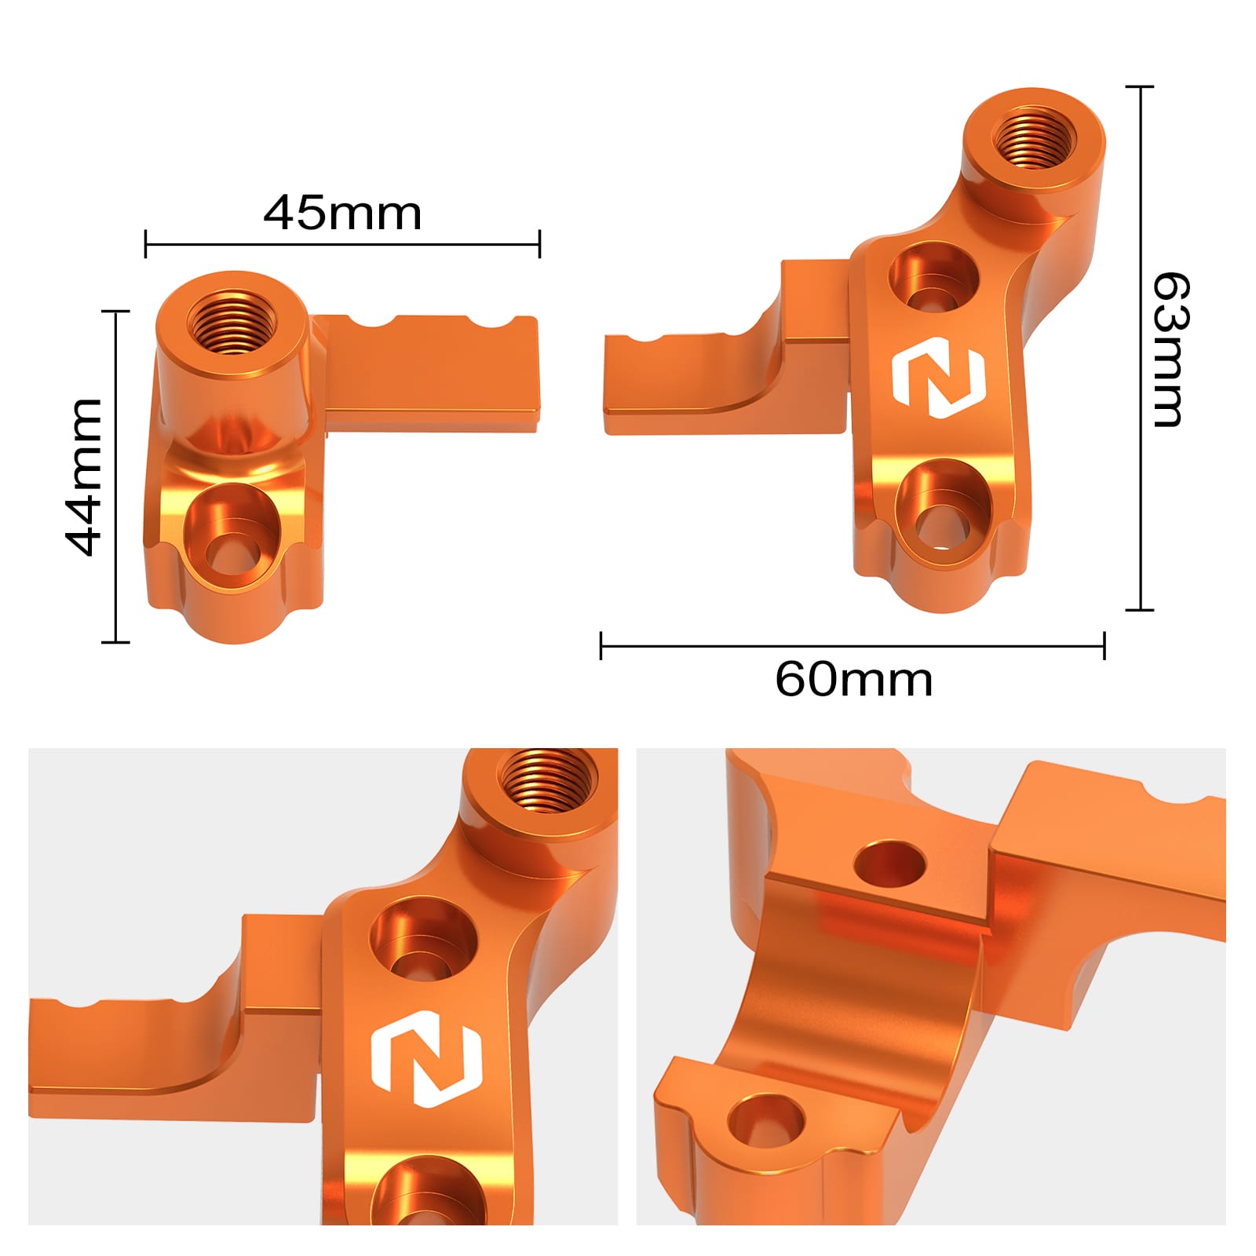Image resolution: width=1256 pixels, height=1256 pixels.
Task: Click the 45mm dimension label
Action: [342, 213]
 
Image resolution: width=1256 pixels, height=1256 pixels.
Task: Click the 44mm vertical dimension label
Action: [83, 477]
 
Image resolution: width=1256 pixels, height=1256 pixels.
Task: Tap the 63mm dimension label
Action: [1170, 349]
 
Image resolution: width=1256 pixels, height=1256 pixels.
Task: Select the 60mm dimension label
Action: [853, 679]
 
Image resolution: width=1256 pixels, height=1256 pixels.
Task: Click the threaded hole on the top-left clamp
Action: [232, 322]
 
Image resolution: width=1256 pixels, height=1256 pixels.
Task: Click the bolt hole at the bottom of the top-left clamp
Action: [232, 542]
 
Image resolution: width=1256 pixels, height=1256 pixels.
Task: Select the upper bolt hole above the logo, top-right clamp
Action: [934, 279]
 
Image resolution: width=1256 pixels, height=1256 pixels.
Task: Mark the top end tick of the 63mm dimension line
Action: [1139, 86]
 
